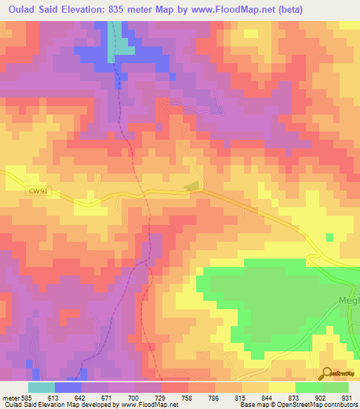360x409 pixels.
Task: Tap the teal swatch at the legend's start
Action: click(41, 388)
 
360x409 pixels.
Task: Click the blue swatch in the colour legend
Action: click(68, 388)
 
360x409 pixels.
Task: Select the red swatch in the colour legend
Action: click(175, 388)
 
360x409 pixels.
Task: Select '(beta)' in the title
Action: click(336, 9)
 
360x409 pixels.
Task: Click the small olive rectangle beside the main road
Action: click(191, 186)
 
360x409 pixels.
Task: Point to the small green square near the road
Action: click(330, 237)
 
